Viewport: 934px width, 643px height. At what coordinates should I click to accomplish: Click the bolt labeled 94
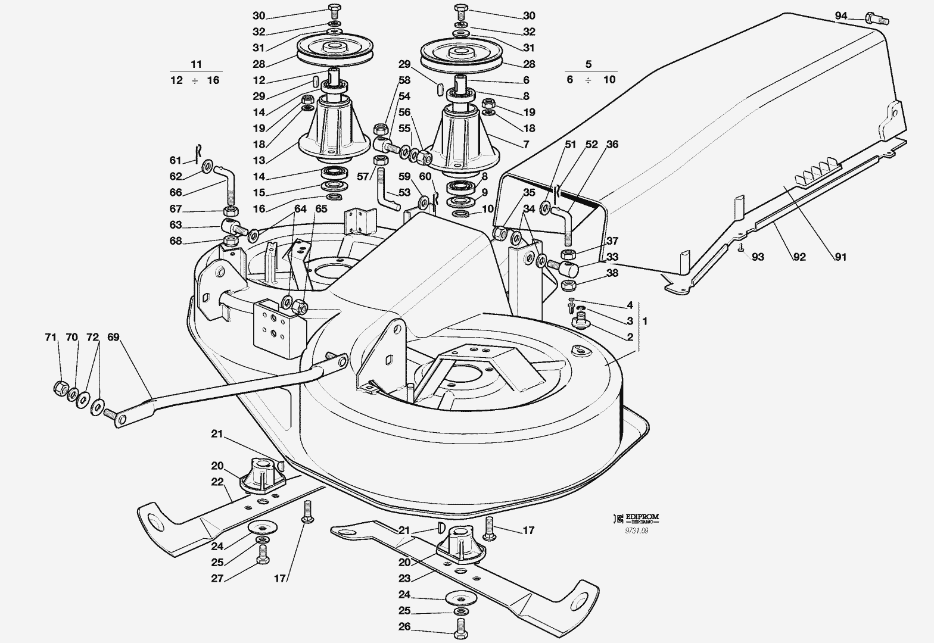(x=876, y=20)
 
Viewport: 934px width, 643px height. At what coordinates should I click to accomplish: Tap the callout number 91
(x=840, y=257)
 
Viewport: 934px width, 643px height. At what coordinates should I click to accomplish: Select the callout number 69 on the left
(x=113, y=338)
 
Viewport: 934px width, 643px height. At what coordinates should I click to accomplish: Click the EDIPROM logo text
(x=639, y=517)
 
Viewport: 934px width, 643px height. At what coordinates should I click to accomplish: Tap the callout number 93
(x=758, y=257)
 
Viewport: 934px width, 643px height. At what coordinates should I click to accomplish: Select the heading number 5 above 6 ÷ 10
(x=589, y=64)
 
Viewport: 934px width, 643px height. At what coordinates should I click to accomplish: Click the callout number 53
(x=404, y=192)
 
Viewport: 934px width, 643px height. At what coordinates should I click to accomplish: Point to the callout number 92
(x=799, y=257)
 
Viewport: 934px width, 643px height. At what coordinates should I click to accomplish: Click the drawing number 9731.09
(x=637, y=531)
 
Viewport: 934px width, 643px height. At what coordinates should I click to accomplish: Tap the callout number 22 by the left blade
(x=217, y=482)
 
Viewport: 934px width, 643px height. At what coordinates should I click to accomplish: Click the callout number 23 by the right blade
(x=404, y=578)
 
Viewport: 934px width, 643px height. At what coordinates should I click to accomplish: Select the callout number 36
(x=612, y=144)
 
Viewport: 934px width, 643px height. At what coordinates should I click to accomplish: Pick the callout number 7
(x=526, y=144)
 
